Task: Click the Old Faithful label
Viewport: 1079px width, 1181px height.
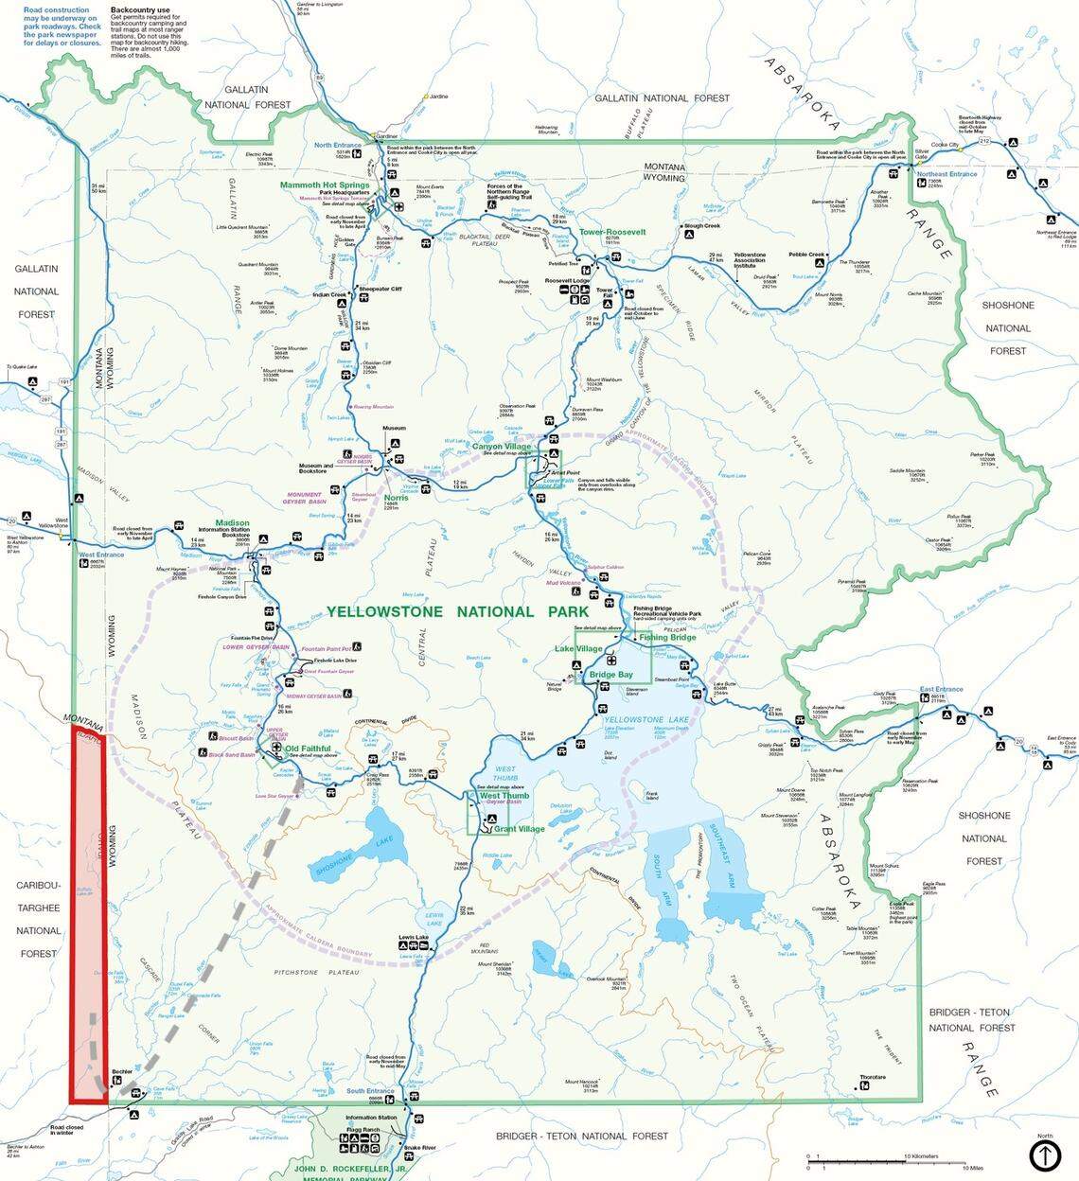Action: pos(308,749)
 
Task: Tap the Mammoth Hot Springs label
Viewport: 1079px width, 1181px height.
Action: pos(324,185)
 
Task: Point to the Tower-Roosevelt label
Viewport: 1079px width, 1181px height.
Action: pos(612,232)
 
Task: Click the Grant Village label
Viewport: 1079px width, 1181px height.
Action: pos(520,828)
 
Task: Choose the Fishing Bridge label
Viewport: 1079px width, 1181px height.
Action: pos(667,637)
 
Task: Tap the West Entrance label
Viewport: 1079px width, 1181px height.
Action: pos(101,555)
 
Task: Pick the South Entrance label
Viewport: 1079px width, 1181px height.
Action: pos(369,1091)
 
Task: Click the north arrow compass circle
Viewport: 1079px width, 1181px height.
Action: pos(1044,1155)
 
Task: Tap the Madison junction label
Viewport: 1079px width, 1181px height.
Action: pos(232,523)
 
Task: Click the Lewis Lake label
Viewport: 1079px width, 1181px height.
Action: pos(415,938)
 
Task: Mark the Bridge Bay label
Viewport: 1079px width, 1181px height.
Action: pos(611,674)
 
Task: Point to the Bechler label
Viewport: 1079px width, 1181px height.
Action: pos(121,1072)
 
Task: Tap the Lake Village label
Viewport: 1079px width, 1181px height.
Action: pos(578,648)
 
